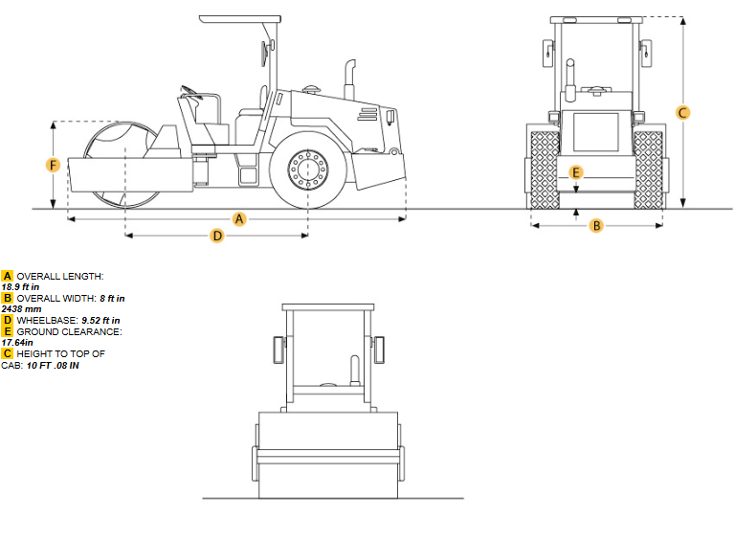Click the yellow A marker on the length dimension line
click(239, 218)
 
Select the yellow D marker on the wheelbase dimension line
click(216, 236)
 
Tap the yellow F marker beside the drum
click(53, 165)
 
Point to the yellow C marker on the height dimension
click(682, 113)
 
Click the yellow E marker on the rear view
click(576, 172)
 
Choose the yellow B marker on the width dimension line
click(596, 226)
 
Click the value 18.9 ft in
click(21, 286)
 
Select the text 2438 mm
click(22, 308)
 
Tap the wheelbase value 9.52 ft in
click(100, 321)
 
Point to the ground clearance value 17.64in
click(17, 343)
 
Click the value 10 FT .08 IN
click(53, 366)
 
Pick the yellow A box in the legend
click(7, 276)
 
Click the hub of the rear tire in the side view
click(308, 169)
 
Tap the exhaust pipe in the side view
click(349, 79)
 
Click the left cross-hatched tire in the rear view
click(545, 169)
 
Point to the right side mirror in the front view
click(378, 350)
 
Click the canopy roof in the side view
click(240, 19)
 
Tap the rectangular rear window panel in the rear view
click(596, 132)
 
